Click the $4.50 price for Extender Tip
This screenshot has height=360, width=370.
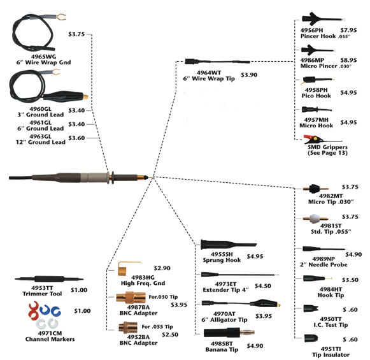(x=263, y=286)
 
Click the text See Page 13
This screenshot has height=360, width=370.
(x=325, y=152)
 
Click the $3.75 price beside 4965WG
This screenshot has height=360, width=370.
(x=76, y=35)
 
